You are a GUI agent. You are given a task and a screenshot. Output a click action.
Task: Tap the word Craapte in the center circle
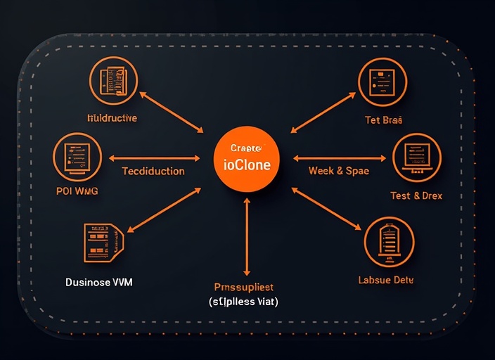(x=245, y=148)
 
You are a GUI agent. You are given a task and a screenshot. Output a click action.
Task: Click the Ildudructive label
(x=112, y=117)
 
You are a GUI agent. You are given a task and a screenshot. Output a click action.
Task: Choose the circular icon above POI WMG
(x=77, y=156)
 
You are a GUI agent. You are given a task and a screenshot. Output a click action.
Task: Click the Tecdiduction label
(x=153, y=171)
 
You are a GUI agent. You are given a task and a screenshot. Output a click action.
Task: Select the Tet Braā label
(x=383, y=120)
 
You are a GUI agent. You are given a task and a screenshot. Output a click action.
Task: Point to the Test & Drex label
(x=416, y=195)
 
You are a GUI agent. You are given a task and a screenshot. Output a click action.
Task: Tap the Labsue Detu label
(x=386, y=280)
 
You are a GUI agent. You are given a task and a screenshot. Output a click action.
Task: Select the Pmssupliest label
(x=243, y=287)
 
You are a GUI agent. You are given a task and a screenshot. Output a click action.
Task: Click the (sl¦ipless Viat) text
(x=243, y=302)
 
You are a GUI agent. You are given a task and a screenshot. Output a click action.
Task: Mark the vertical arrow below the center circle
(x=247, y=236)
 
